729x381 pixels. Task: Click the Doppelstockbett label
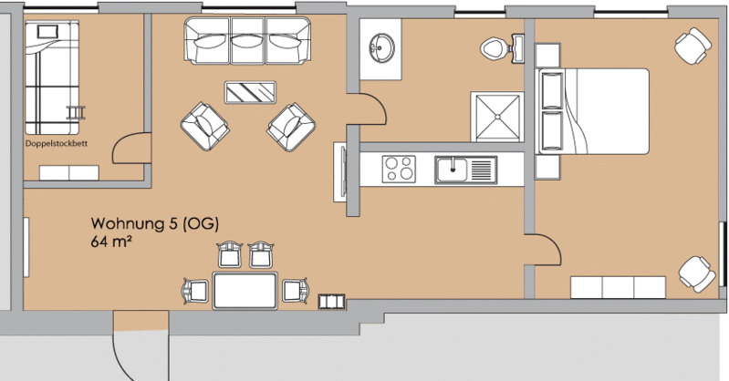(x=57, y=144)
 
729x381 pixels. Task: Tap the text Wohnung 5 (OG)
(x=155, y=224)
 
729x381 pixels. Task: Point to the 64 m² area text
(x=109, y=242)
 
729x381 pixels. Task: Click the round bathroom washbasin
(x=381, y=47)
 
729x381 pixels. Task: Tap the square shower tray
(x=497, y=117)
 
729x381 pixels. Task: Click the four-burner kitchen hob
(x=399, y=169)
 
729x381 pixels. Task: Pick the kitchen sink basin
(x=453, y=170)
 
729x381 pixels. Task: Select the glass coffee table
(x=250, y=92)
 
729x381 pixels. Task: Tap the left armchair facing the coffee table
(x=204, y=126)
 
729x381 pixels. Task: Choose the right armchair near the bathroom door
(x=291, y=127)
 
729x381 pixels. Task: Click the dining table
(x=245, y=291)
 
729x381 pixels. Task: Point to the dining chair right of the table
(x=296, y=291)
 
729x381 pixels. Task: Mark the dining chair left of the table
(x=196, y=292)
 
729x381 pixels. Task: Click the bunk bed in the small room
(x=52, y=77)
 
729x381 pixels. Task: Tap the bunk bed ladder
(x=77, y=112)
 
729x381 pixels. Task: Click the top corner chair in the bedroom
(x=693, y=46)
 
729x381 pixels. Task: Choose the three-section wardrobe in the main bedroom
(x=618, y=287)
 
